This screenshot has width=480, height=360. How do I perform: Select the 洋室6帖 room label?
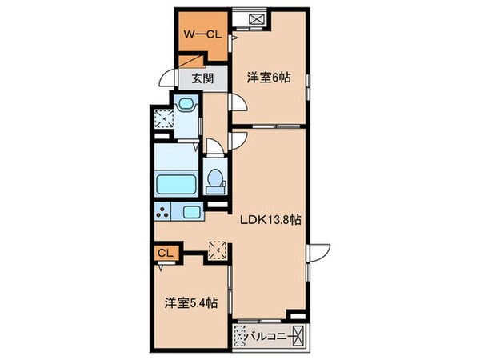coord(269,78)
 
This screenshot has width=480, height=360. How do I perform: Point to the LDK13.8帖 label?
coord(271,218)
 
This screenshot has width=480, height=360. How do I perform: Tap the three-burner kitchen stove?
coord(164,213)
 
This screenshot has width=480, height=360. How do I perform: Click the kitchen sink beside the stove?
coord(192,213)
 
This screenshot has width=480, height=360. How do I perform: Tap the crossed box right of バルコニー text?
coord(299,336)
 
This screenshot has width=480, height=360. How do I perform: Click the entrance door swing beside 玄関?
coord(167,79)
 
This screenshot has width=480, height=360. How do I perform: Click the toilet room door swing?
coord(214,146)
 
